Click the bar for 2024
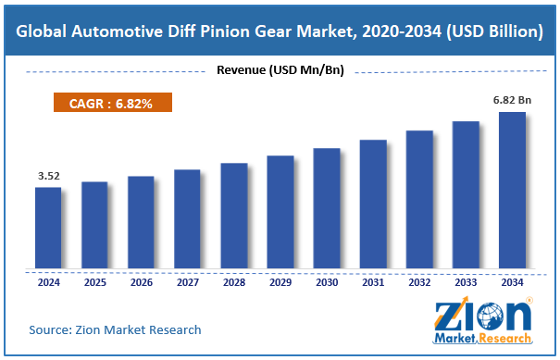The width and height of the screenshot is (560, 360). pyautogui.click(x=48, y=229)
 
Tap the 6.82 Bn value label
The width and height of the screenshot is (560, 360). pyautogui.click(x=510, y=99)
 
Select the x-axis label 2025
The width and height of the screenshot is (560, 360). pyautogui.click(x=94, y=284)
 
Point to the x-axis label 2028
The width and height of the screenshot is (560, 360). pyautogui.click(x=233, y=284)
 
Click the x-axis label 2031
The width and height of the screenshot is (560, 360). pyautogui.click(x=372, y=284)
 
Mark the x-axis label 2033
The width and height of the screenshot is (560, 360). pyautogui.click(x=466, y=284)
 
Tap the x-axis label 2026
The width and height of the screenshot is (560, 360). pyautogui.click(x=141, y=284)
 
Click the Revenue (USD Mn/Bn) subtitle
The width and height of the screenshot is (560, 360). pyautogui.click(x=280, y=70)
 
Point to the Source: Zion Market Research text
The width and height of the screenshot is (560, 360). pyautogui.click(x=115, y=329)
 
